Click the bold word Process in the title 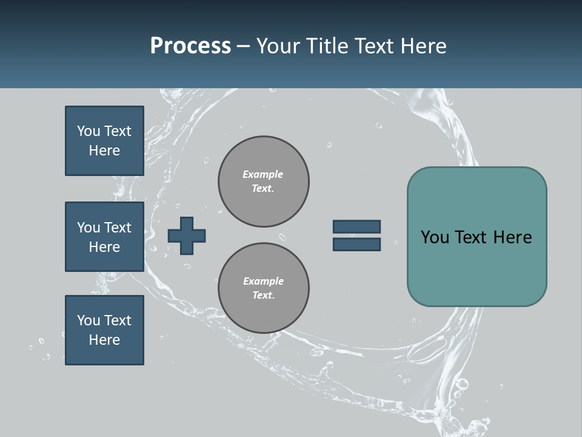coord(190,46)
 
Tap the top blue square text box coord(104,141)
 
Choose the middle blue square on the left coord(104,237)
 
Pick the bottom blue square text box coord(104,330)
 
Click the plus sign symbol coord(187,235)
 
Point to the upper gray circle coord(263,181)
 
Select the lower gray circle coord(263,288)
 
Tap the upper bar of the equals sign coord(356,226)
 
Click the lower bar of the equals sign coord(356,244)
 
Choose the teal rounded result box coord(477,237)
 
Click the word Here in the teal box coord(512,237)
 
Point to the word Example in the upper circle coord(263,174)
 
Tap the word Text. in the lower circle coord(263,296)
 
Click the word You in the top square coord(89,131)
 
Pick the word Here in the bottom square coord(104,340)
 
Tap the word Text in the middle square coord(118,228)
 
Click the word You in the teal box coord(435,237)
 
